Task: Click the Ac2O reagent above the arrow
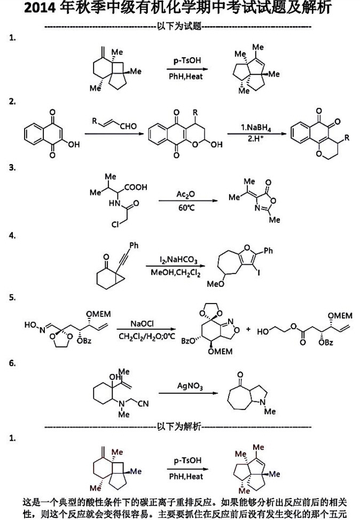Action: coord(184,193)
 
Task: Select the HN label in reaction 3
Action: coord(107,203)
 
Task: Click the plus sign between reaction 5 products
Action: coord(247,330)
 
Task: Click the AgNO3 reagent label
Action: coord(189,385)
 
